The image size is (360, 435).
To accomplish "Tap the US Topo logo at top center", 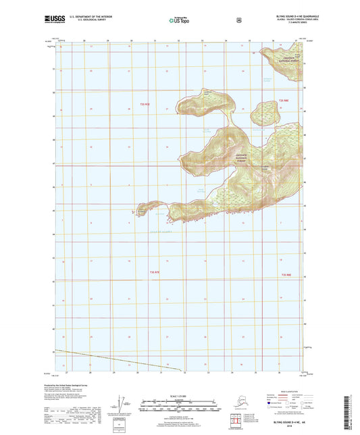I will pos(179,20).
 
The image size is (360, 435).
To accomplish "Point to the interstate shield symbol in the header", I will pos(238,20).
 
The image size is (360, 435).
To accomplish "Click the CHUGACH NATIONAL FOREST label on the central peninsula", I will pos(245,159).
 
